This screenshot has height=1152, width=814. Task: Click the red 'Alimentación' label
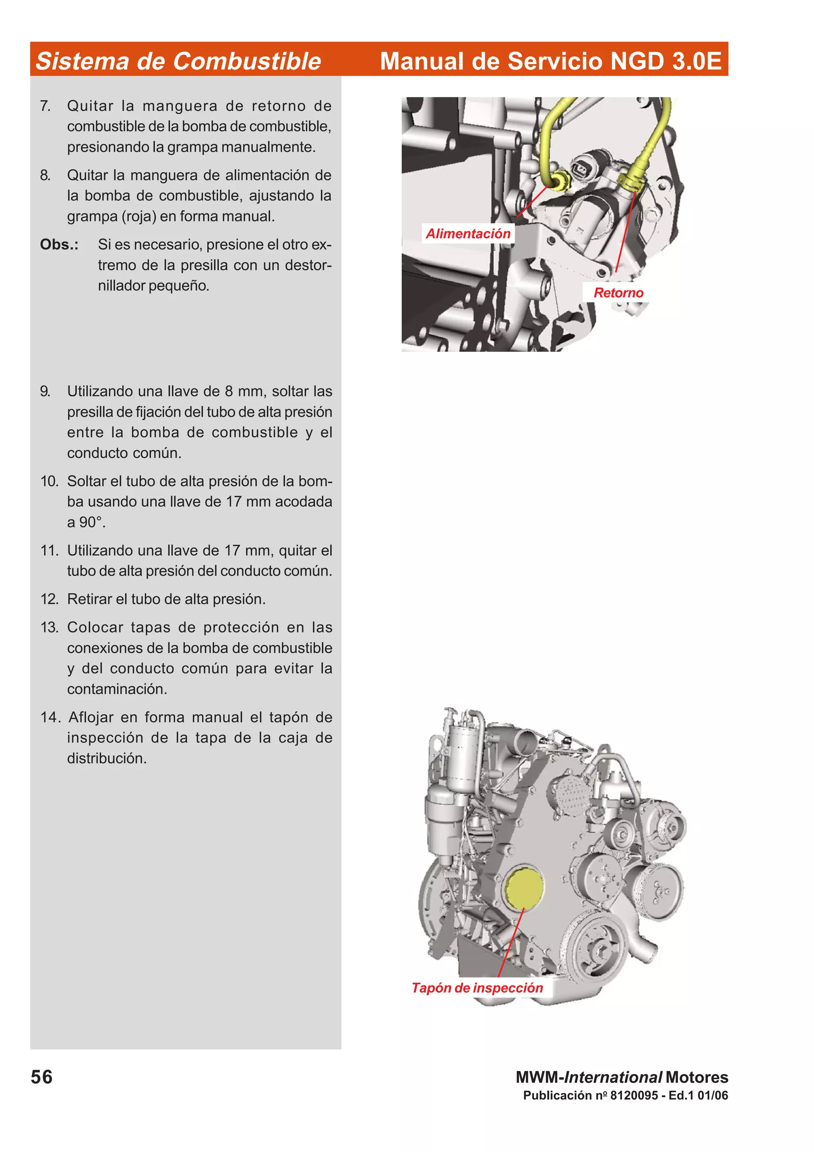pos(467,233)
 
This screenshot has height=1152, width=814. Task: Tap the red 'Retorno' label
pos(618,293)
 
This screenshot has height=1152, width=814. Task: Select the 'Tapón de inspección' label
pos(477,987)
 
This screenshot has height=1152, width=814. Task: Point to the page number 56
pos(42,1077)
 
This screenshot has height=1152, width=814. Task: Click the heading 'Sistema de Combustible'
pos(178,61)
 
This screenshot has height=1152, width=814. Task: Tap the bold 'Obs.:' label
pos(59,244)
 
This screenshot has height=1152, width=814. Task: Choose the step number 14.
pos(50,717)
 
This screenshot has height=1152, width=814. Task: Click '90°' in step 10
pos(92,522)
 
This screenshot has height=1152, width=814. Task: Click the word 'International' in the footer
pos(613,1077)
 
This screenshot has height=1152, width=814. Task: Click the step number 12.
pos(50,599)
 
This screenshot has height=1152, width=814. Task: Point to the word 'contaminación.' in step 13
pos(117,689)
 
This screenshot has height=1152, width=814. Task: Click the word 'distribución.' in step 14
pos(107,758)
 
